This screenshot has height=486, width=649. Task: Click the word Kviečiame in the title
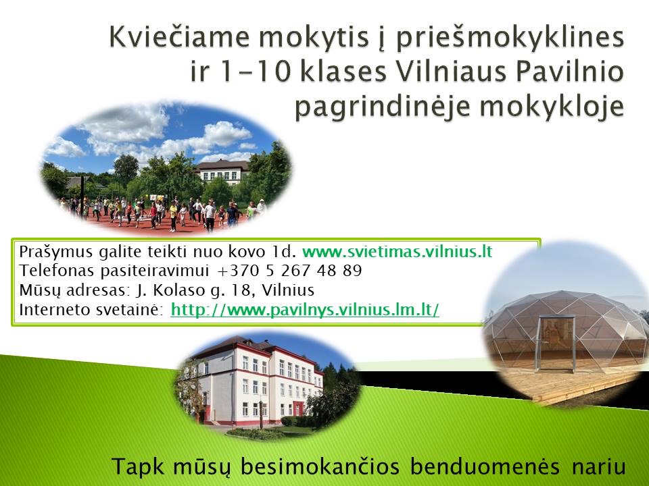click(179, 37)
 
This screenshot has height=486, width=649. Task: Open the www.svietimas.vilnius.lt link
click(397, 251)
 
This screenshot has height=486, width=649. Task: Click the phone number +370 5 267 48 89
click(289, 271)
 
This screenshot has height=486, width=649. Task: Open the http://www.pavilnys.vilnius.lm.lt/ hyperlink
click(305, 310)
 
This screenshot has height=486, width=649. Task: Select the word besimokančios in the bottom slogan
click(320, 466)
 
